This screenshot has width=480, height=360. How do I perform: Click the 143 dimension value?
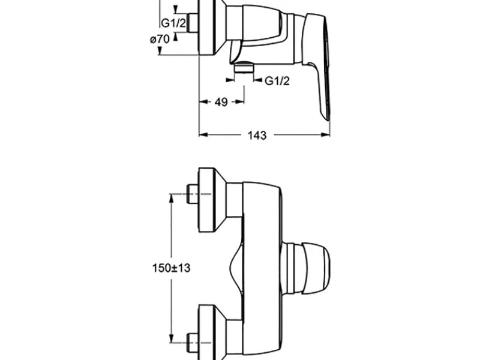(257, 135)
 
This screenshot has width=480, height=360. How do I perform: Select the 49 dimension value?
(221, 102)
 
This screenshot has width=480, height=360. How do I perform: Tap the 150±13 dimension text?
(171, 268)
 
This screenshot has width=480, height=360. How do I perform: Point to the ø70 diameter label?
(160, 39)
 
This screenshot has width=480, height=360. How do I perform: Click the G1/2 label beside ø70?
(173, 23)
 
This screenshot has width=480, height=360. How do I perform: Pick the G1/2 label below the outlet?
(277, 81)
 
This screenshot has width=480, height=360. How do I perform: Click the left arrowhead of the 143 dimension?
(203, 134)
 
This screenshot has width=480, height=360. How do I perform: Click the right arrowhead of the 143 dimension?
(325, 134)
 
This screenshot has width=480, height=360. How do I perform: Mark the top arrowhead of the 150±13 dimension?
(172, 198)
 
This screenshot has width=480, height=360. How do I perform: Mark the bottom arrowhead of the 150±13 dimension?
(172, 338)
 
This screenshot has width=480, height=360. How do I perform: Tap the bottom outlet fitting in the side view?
(244, 67)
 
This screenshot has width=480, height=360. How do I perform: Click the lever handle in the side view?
(317, 64)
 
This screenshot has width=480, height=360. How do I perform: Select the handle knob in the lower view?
(315, 268)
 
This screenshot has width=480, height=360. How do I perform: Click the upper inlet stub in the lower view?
(193, 194)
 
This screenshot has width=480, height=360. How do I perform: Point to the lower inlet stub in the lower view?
(193, 343)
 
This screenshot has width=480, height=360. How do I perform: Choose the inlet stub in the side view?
(193, 23)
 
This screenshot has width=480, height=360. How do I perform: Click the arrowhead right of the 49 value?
(239, 102)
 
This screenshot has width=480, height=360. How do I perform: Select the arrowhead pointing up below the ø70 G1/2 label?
(175, 37)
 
